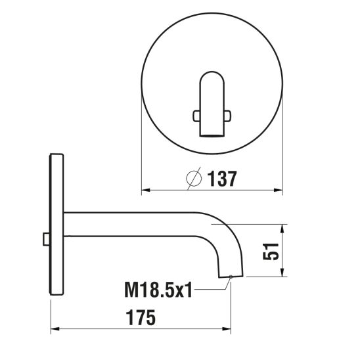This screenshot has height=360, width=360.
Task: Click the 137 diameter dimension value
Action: pos(222,179)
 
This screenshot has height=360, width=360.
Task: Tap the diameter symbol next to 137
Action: pos(194,179)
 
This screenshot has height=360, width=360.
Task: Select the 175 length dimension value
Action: pos(141,317)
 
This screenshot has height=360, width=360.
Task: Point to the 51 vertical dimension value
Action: pos(271,252)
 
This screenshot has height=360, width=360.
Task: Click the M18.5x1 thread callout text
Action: pos(158,290)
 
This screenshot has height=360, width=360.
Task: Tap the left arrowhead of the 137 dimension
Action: pos(146,190)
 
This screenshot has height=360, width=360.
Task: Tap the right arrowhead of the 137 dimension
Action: pos(278,190)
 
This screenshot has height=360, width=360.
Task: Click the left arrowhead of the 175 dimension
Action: pos(55,329)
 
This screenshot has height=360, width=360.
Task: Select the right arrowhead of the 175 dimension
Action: pos(227,329)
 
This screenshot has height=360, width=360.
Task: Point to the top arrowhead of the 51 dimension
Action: pos(282,229)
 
